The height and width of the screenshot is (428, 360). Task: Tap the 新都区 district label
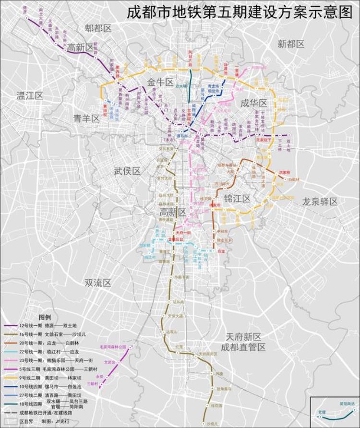pos(291,44)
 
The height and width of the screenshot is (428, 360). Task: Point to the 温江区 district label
pos(30,95)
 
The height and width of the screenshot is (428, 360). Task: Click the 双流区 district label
pos(97,283)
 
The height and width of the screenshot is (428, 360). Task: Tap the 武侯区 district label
pos(127,171)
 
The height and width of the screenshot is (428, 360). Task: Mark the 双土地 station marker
pos(289,135)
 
